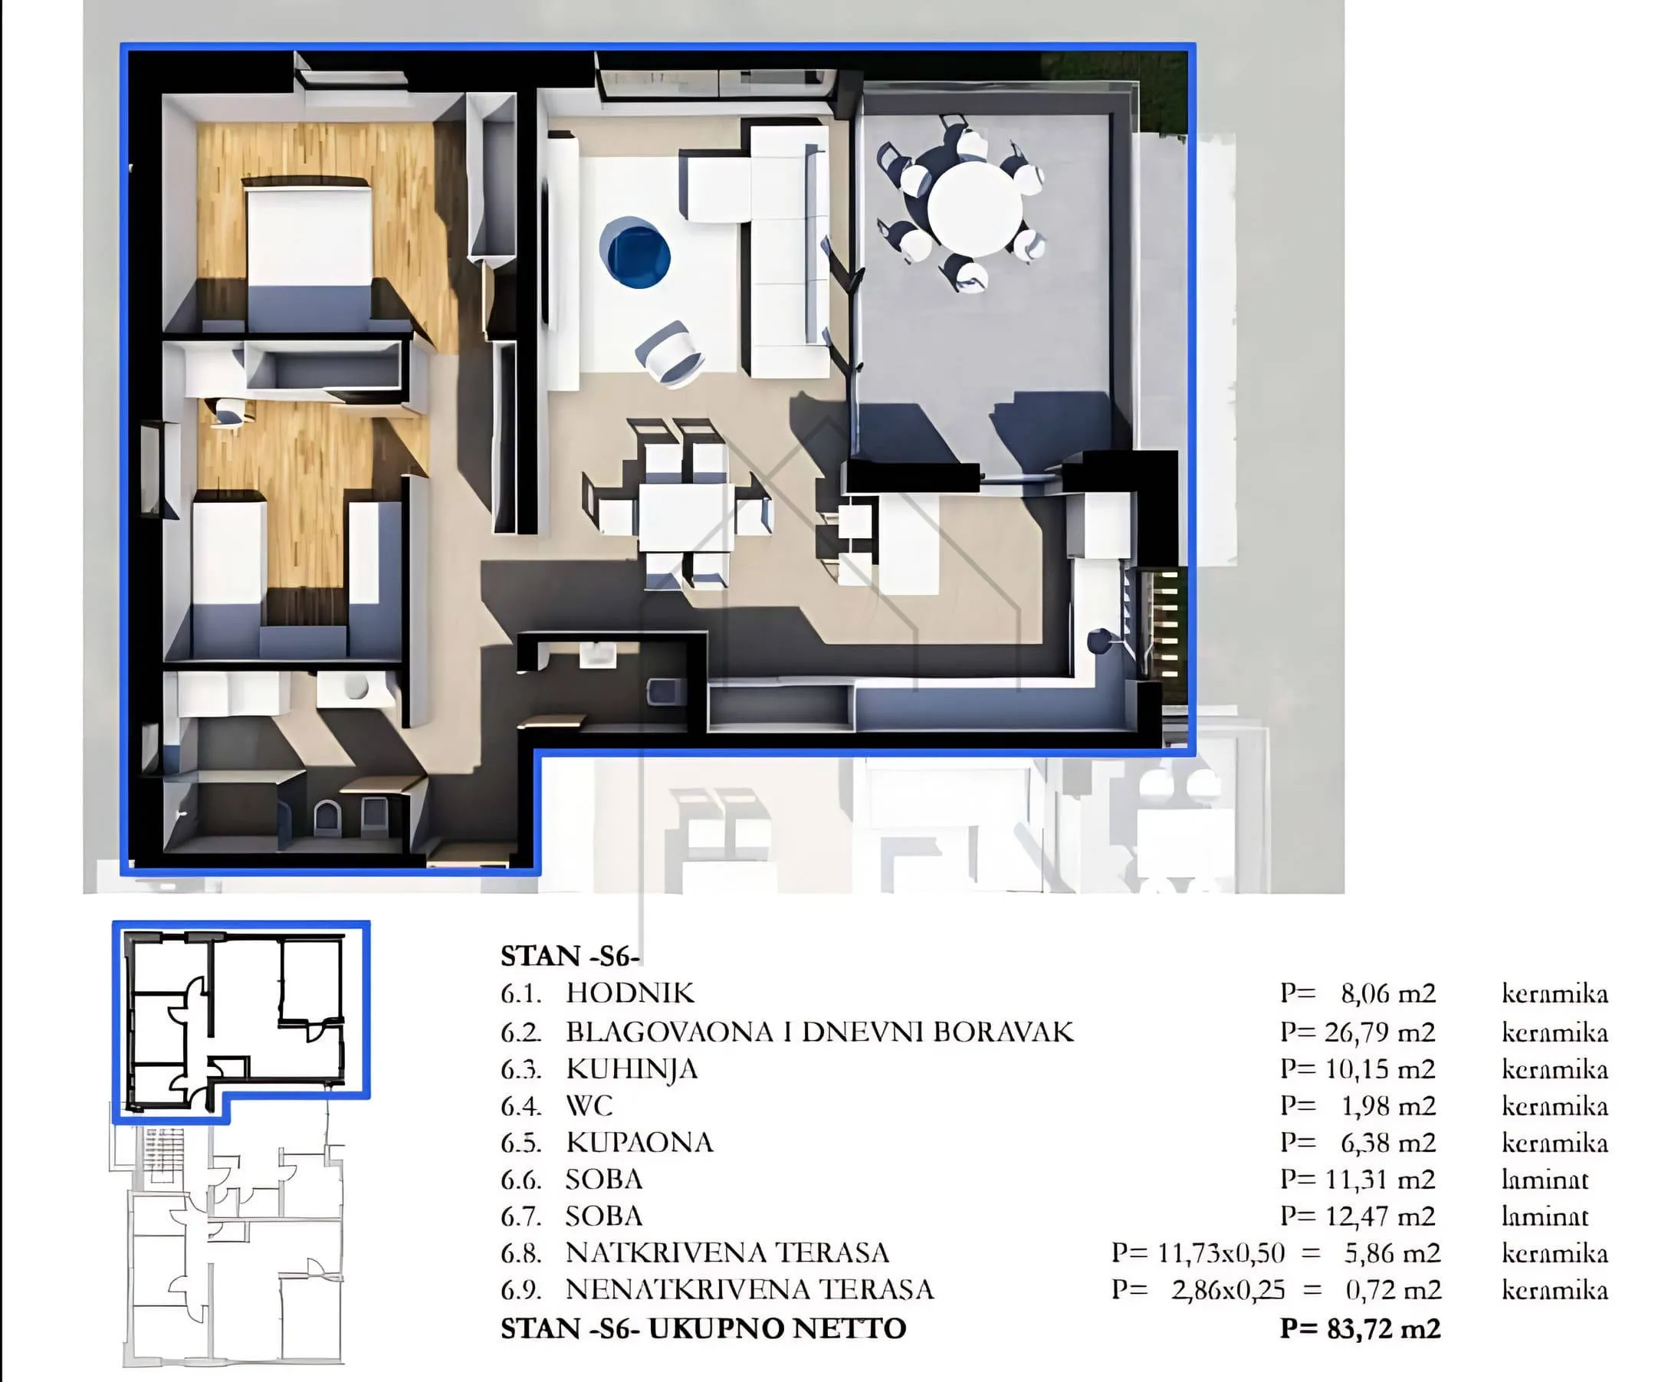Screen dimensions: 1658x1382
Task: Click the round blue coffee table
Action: pyautogui.click(x=635, y=252)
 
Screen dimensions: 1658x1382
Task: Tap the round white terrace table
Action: pyautogui.click(x=975, y=208)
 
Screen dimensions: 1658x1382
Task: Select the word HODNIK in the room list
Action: pyautogui.click(x=630, y=993)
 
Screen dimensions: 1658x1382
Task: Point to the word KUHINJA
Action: pyautogui.click(x=632, y=1069)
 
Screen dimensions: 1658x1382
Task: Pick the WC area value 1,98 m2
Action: pyautogui.click(x=1388, y=1105)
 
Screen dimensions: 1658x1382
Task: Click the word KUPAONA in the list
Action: pyautogui.click(x=639, y=1142)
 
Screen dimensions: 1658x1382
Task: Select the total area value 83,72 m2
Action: pyautogui.click(x=1384, y=1328)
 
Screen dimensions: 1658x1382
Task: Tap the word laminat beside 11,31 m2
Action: pyautogui.click(x=1545, y=1179)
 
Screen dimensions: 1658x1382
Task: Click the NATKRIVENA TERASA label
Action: pyautogui.click(x=727, y=1252)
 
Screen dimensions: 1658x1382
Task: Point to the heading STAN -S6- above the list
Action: pyautogui.click(x=570, y=956)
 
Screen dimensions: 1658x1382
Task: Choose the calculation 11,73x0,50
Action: pyautogui.click(x=1221, y=1252)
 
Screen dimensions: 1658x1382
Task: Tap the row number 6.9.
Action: pyautogui.click(x=521, y=1289)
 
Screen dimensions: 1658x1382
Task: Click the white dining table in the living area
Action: pyautogui.click(x=685, y=517)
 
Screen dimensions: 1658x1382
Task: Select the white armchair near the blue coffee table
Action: pyautogui.click(x=669, y=353)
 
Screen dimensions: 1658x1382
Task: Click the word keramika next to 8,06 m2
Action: pyautogui.click(x=1555, y=993)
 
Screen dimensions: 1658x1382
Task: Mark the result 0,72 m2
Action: pyautogui.click(x=1394, y=1289)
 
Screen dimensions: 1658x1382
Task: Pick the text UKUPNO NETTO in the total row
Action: pyautogui.click(x=777, y=1328)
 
